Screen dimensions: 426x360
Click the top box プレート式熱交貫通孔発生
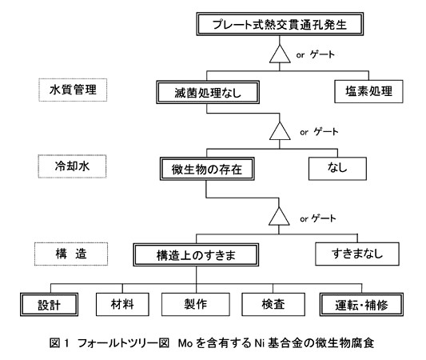click(280, 24)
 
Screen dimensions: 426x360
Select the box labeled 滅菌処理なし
click(208, 92)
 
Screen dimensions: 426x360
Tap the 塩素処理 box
click(368, 91)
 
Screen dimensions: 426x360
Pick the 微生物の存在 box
click(207, 169)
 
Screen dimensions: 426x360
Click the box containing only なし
click(337, 169)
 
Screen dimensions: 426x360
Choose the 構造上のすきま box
click(196, 254)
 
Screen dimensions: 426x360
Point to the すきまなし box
click(357, 254)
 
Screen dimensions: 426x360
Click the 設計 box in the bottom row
click(50, 304)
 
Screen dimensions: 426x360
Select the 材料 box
click(122, 304)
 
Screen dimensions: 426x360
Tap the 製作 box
click(196, 304)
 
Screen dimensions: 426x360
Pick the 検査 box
click(273, 304)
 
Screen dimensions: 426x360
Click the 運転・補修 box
click(361, 304)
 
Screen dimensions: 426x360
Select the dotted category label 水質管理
click(73, 90)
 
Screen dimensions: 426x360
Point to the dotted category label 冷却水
click(72, 166)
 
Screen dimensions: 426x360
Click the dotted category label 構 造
click(71, 254)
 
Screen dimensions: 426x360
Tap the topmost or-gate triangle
click(280, 54)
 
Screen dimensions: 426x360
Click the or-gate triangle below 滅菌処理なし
click(280, 131)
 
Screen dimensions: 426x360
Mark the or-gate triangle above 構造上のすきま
click(279, 217)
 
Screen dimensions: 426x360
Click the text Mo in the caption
click(185, 343)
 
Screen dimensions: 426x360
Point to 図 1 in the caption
click(59, 343)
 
